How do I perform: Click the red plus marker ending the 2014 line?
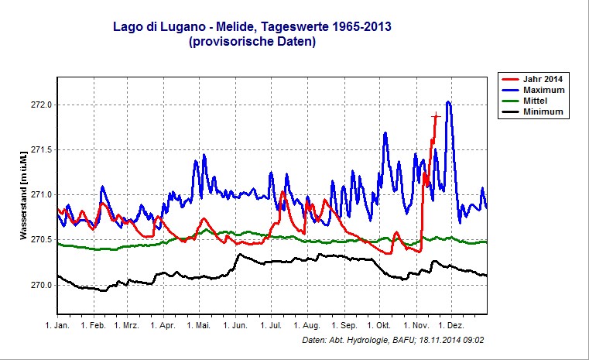coord(436,116)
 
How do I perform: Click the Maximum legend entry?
coord(542,91)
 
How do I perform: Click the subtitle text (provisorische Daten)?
coord(252,43)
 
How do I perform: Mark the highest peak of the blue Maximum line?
coord(448,101)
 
